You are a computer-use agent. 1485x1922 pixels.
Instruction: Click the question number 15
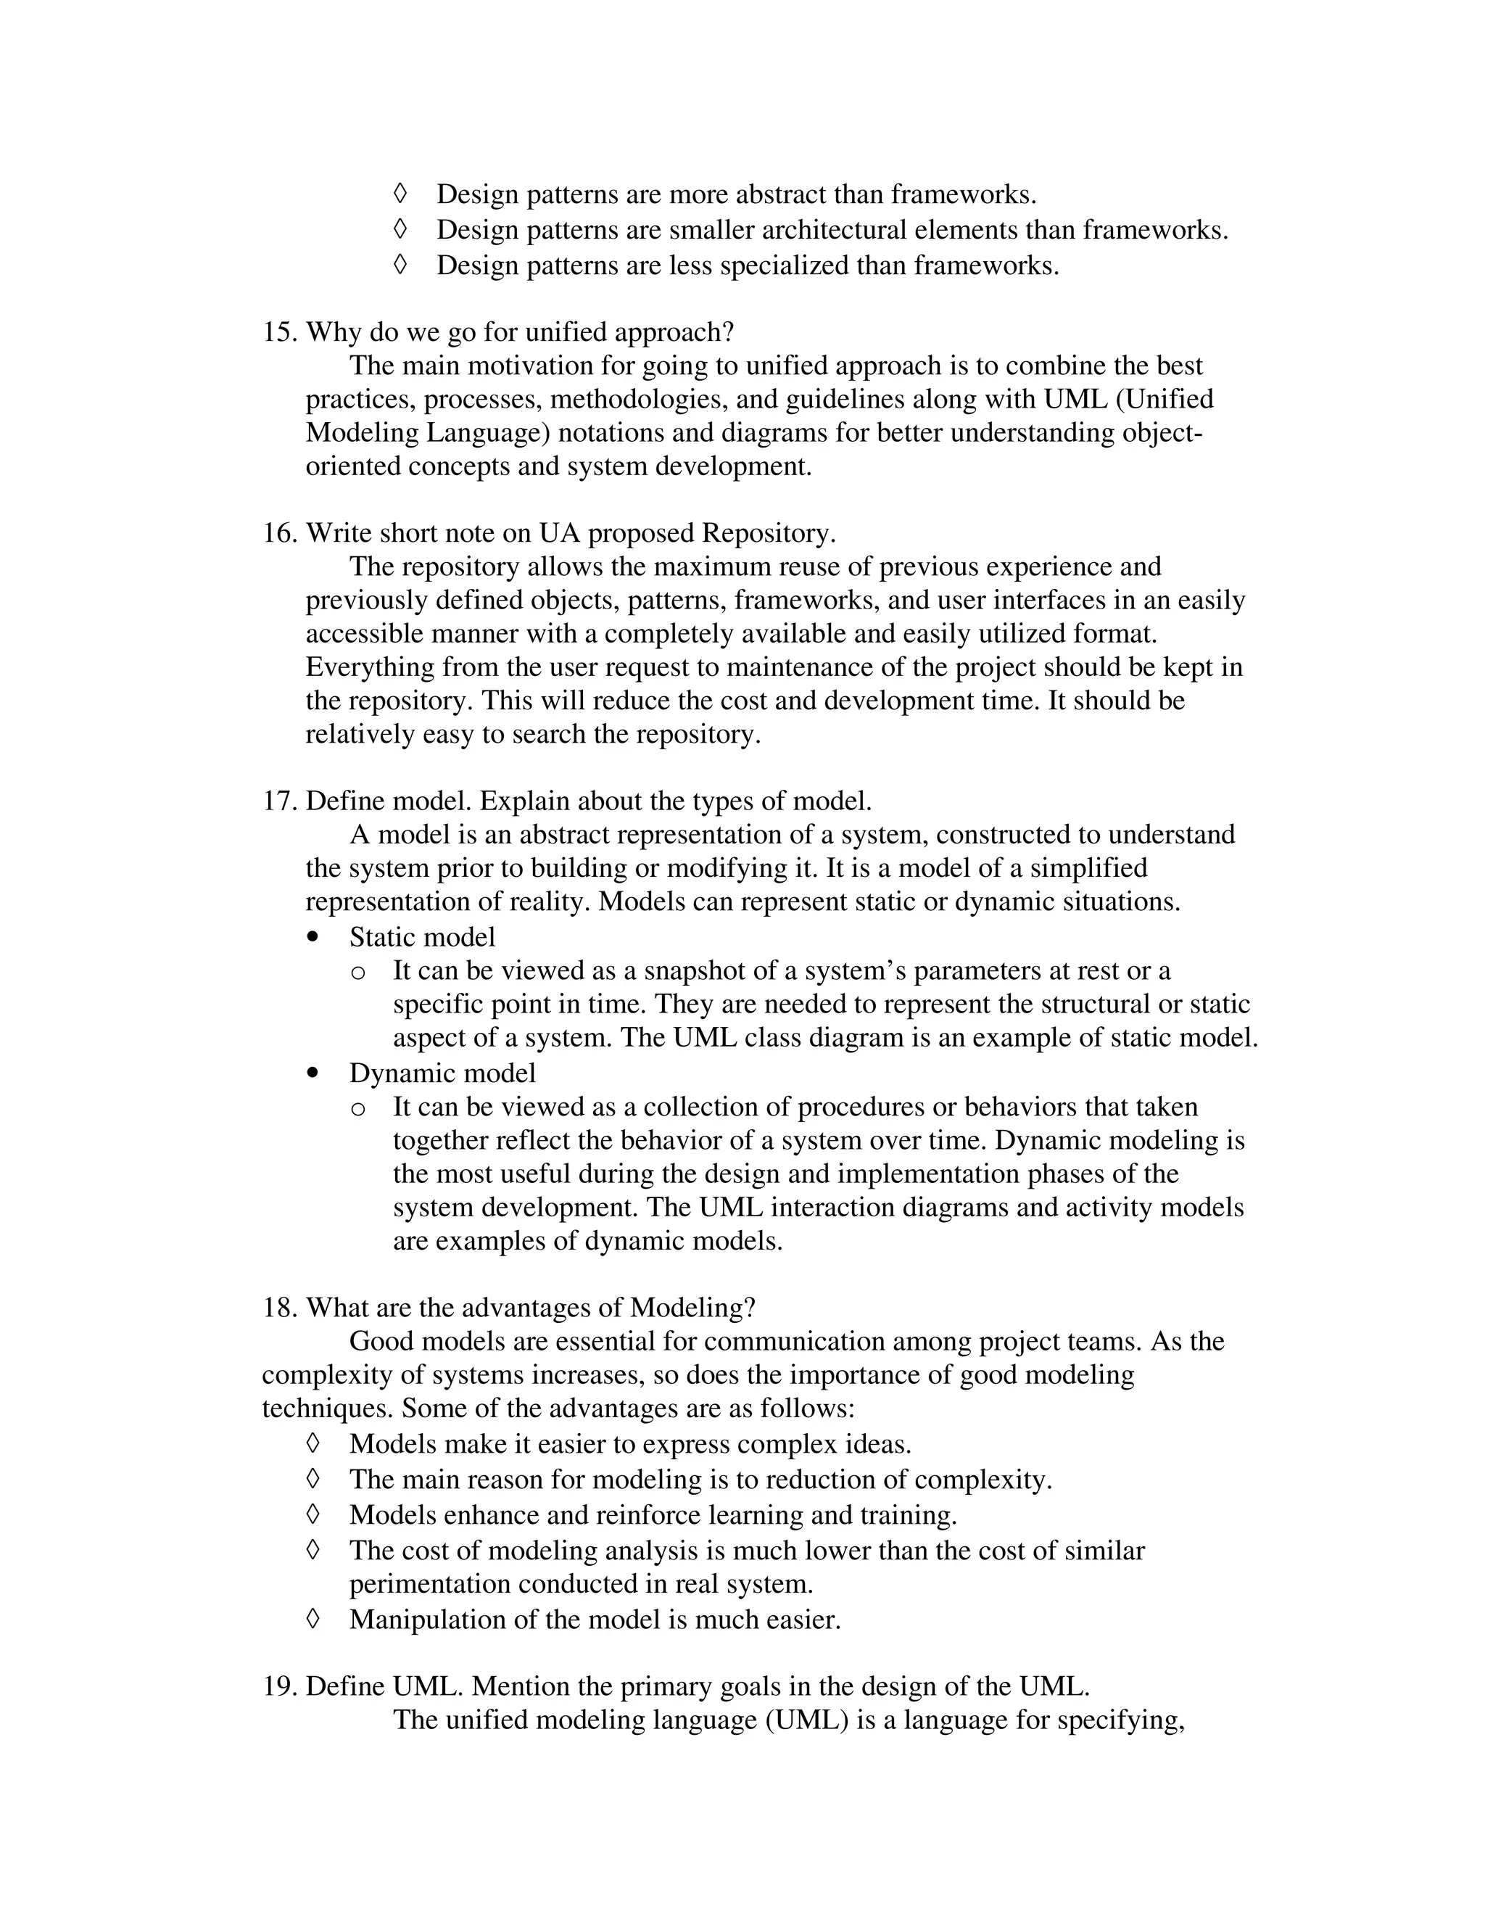pos(280,333)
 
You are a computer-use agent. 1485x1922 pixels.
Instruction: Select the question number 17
pos(280,801)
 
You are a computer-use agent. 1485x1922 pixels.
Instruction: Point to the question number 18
pos(280,1308)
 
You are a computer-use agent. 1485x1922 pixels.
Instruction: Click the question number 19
pos(280,1686)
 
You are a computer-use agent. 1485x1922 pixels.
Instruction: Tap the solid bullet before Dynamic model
pos(313,1073)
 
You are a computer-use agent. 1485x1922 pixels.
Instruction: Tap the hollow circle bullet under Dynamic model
pos(357,1109)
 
